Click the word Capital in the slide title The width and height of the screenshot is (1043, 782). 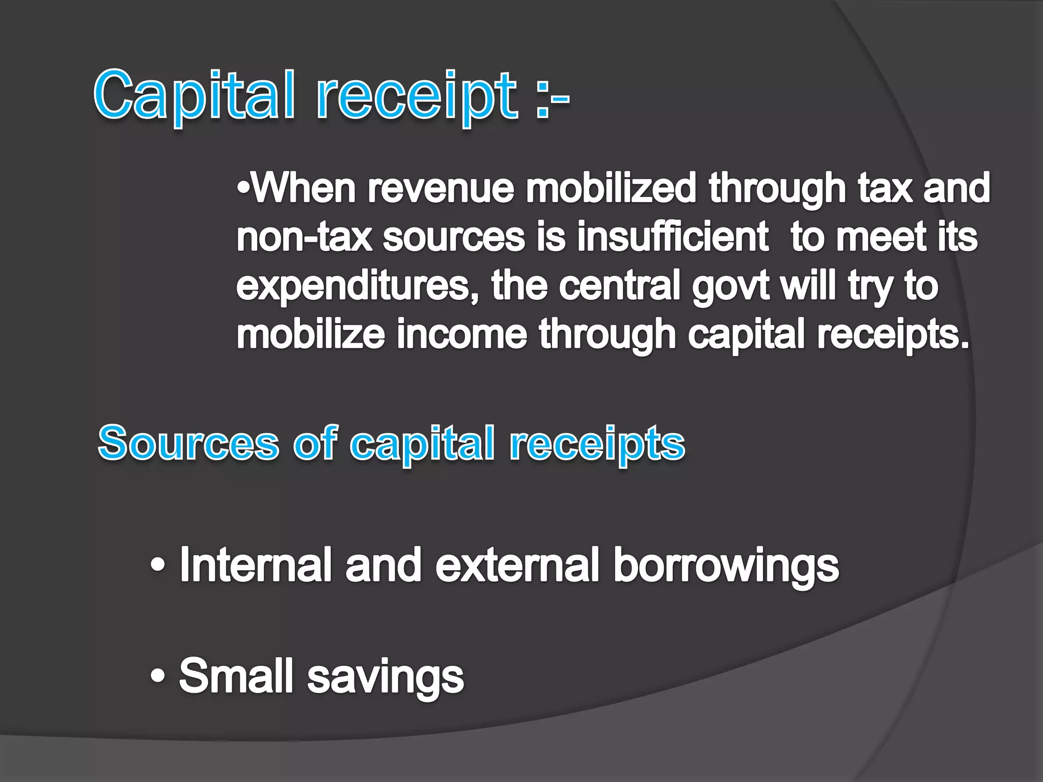[x=194, y=96]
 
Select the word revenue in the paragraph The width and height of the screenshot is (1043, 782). [x=441, y=188]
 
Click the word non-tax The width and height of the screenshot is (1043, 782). [x=304, y=237]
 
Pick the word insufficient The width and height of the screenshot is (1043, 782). [x=673, y=237]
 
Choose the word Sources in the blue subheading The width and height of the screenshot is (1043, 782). [x=188, y=443]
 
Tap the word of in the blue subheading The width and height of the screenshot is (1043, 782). [x=315, y=443]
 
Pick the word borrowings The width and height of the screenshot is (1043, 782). [x=726, y=567]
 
